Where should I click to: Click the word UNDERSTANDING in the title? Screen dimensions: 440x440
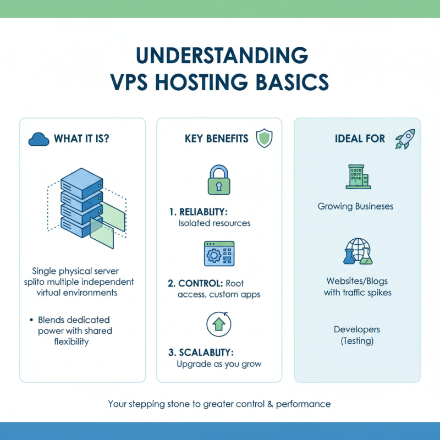pyautogui.click(x=220, y=57)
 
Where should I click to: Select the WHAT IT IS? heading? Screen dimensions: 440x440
pyautogui.click(x=81, y=139)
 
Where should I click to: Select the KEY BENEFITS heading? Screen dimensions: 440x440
pyautogui.click(x=216, y=139)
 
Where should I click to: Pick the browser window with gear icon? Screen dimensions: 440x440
pyautogui.click(x=219, y=254)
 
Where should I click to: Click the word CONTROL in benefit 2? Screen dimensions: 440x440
pyautogui.click(x=201, y=283)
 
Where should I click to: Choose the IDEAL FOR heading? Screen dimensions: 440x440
pyautogui.click(x=360, y=139)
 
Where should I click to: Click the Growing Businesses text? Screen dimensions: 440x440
pyautogui.click(x=356, y=207)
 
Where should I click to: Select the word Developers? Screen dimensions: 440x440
pyautogui.click(x=356, y=329)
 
